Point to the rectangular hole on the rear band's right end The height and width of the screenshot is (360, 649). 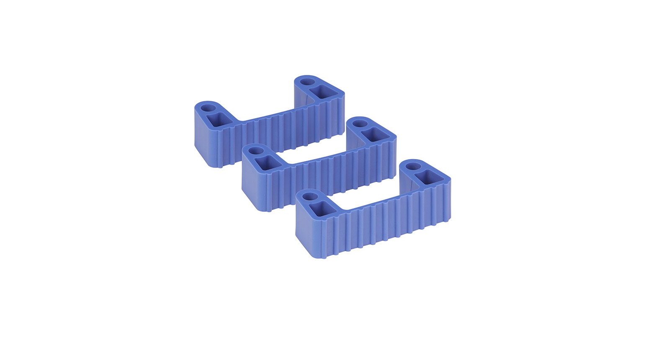tap(323, 91)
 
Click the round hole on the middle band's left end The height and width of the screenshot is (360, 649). tap(256, 150)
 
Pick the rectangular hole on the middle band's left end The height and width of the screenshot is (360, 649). tap(268, 162)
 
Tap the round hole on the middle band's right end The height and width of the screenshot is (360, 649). tap(359, 123)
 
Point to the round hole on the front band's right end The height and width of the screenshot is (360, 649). tap(413, 166)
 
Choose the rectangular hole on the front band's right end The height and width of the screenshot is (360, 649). tap(428, 177)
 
